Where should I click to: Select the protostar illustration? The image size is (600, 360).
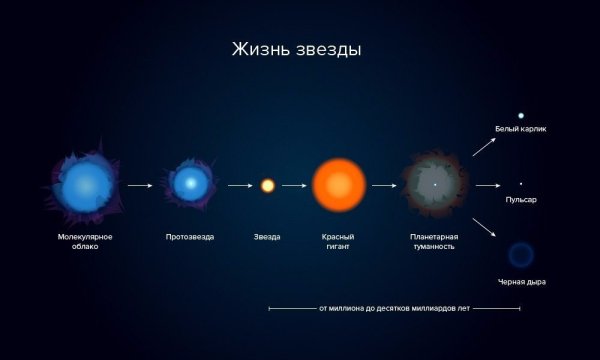click(189, 184)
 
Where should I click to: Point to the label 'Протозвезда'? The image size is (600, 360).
click(189, 237)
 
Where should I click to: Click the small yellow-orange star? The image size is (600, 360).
click(267, 185)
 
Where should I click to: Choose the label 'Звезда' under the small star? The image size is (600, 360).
click(267, 237)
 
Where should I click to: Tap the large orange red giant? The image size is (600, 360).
click(339, 185)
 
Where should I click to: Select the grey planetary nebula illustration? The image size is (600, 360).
click(435, 185)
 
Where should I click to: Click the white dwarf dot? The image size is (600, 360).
click(520, 115)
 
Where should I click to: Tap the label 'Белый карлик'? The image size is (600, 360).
click(520, 129)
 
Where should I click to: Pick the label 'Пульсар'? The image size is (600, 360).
click(521, 200)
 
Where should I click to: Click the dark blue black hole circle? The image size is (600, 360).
click(520, 254)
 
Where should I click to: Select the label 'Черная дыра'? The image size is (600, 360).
click(521, 282)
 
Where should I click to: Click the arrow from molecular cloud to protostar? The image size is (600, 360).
click(140, 185)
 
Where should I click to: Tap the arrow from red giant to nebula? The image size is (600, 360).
click(384, 185)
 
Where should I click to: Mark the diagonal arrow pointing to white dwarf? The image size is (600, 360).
click(485, 147)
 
